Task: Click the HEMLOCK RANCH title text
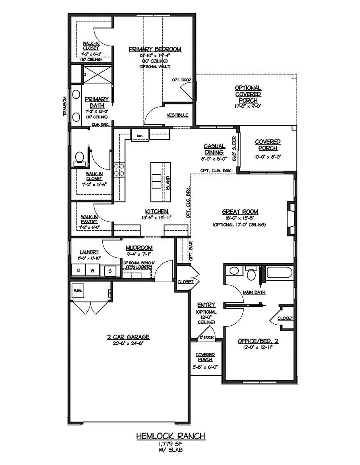coord(170,436)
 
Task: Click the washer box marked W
coord(92,271)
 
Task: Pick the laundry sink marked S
coord(108,271)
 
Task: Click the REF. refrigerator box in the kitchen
coord(140,136)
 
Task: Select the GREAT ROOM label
coord(240,212)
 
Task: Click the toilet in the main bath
coord(252,274)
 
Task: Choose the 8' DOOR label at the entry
coord(207,337)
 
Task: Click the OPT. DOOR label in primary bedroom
coord(181,80)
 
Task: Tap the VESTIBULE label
coord(177,115)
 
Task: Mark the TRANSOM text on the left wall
coord(64,106)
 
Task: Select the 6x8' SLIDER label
coord(234,148)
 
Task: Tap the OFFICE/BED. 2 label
coord(258,341)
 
